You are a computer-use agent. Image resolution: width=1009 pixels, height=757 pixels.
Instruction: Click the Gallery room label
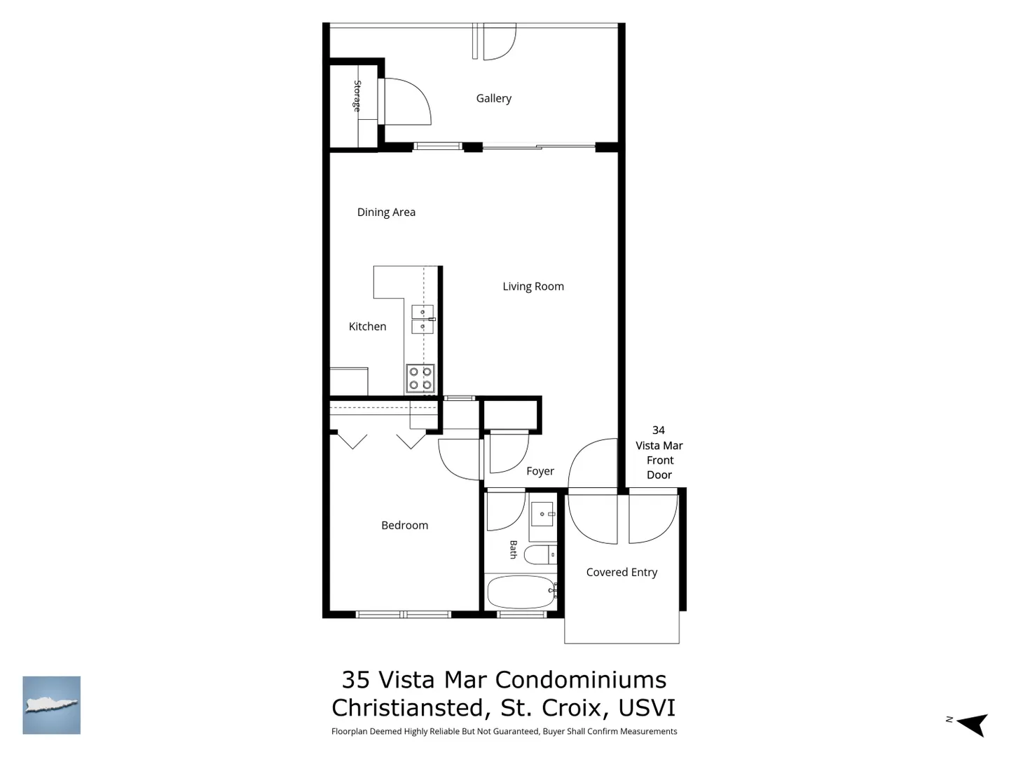pos(494,98)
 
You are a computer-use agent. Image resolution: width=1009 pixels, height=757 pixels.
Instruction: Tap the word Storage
pos(357,96)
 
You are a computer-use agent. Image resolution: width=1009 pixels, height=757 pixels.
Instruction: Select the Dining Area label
pos(386,212)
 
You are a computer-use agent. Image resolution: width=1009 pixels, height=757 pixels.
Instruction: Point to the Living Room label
pos(533,287)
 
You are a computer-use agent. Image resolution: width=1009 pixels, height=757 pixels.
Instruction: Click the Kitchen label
pos(367,327)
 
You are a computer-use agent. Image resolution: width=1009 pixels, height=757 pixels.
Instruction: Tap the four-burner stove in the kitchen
pos(420,378)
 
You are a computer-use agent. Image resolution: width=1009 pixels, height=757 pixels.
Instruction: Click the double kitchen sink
pos(423,319)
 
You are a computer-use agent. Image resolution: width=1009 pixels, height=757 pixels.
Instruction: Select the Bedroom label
pos(404,525)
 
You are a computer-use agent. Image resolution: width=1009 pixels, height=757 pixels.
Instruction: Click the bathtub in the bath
pos(521,592)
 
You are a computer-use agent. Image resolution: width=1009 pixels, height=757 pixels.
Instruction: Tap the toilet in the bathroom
pos(540,554)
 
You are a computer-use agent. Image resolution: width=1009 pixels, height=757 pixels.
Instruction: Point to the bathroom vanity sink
pos(543,514)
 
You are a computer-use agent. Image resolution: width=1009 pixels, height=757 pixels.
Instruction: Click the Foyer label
pos(540,471)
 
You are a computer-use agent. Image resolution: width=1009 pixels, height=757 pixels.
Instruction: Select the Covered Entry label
pos(622,572)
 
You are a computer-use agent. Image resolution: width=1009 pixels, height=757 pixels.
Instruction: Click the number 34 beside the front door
pos(658,430)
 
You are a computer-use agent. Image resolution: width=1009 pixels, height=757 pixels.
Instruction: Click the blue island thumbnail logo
pos(51,705)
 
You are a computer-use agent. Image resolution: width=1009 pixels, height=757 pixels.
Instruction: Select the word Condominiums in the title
pos(581,680)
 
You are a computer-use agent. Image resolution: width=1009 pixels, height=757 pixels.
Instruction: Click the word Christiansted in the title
pos(408,708)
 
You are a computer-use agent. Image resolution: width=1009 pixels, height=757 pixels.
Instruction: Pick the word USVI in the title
pos(647,708)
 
